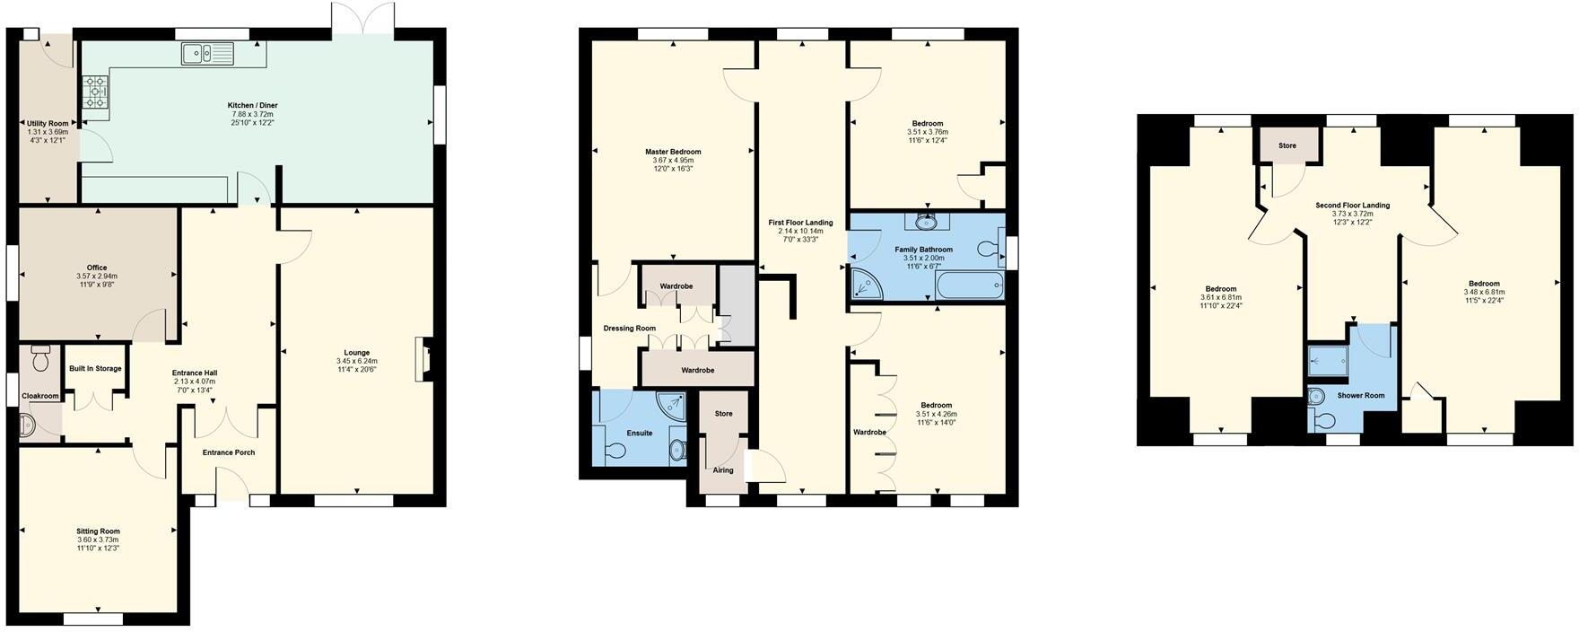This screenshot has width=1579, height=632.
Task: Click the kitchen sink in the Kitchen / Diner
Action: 206,55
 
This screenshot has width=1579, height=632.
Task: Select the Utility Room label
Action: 48,123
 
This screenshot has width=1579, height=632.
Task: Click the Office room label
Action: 97,268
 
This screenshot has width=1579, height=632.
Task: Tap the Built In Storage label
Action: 95,369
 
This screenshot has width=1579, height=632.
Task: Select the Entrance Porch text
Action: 229,452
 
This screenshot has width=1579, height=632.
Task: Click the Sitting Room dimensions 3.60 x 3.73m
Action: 98,540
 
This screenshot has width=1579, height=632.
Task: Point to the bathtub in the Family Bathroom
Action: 969,286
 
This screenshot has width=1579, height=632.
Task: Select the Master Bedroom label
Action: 673,152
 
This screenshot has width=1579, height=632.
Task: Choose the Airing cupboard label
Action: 723,470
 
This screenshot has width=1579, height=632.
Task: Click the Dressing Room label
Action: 629,329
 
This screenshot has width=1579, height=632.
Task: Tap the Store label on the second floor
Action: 1287,145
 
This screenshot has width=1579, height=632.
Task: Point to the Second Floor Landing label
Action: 1352,206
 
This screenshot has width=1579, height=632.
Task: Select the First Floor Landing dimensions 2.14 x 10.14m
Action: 800,232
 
